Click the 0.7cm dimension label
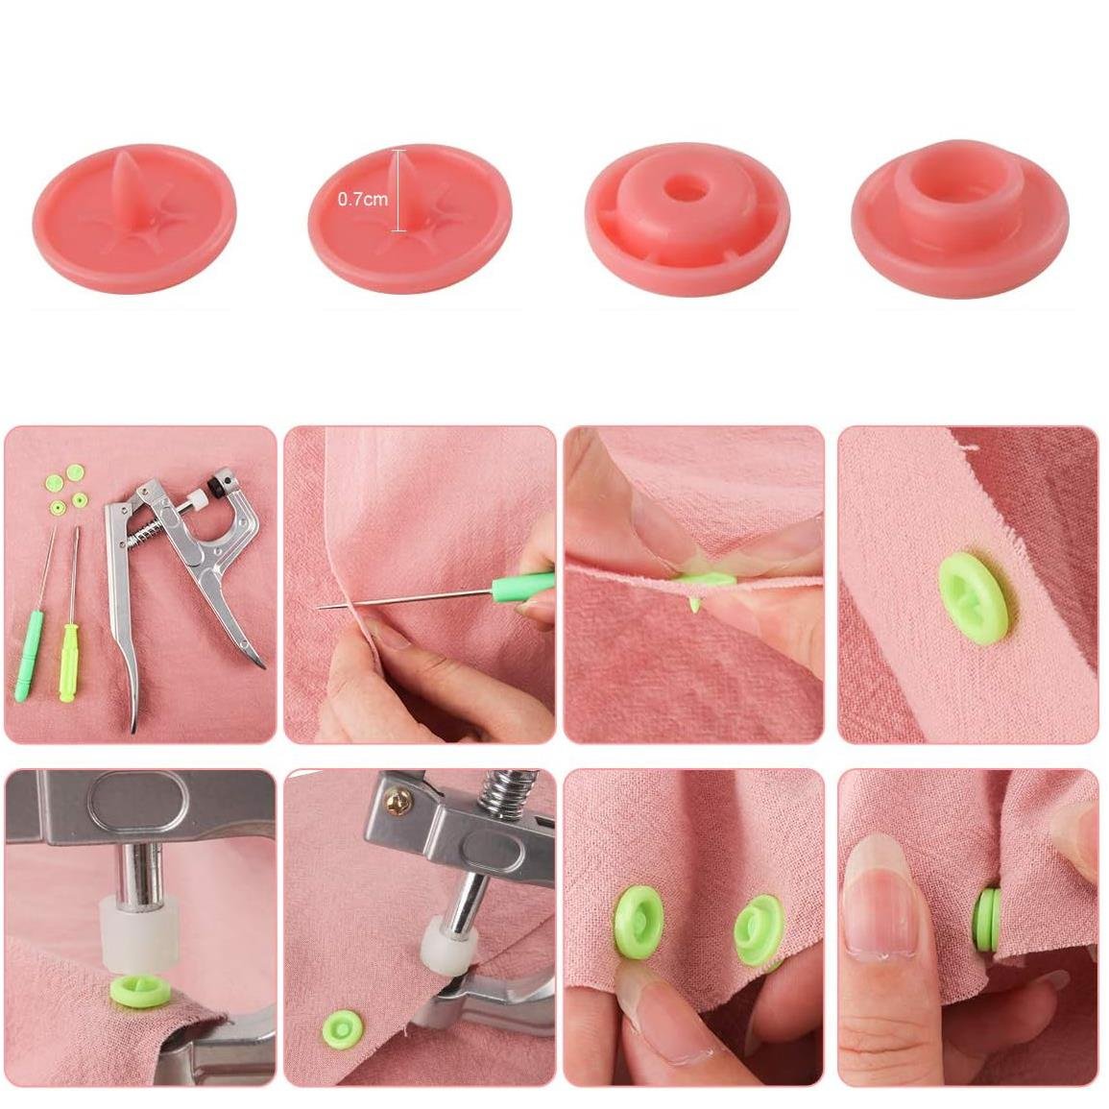363,200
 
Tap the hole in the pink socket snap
687,189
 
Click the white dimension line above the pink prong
399,191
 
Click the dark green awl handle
29,657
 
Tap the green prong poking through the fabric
696,604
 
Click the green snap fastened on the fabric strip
974,598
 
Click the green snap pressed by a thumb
638,922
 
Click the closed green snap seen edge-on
988,919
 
